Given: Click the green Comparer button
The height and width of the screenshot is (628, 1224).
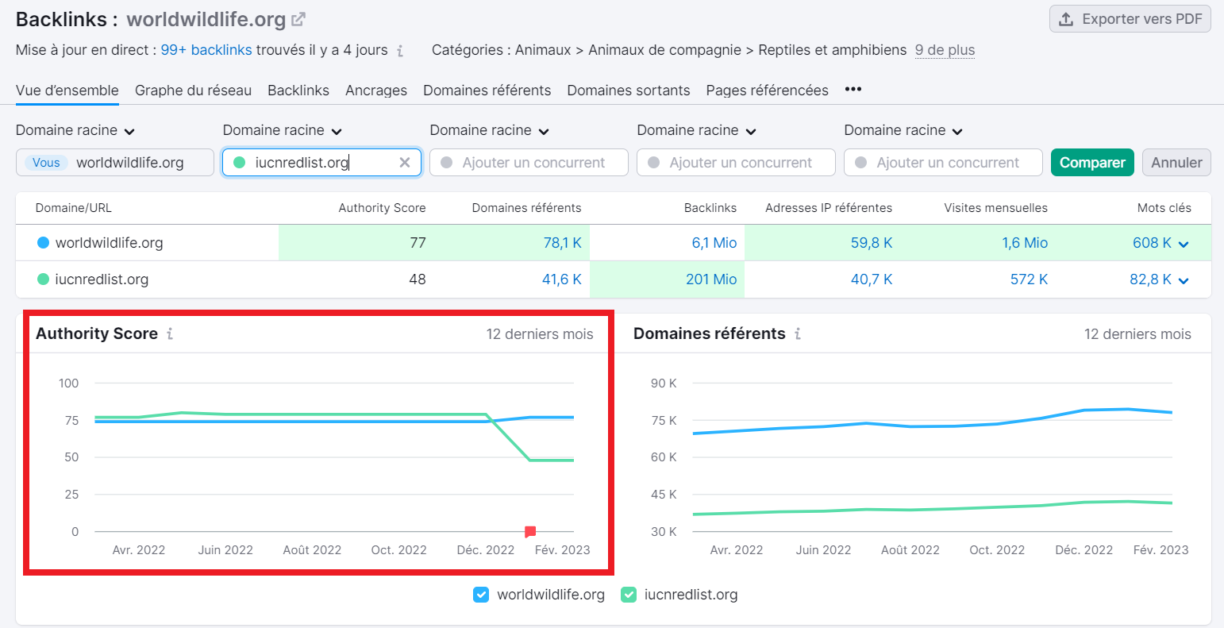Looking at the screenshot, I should point(1092,163).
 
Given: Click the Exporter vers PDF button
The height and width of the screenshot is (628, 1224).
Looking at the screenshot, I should point(1130,19).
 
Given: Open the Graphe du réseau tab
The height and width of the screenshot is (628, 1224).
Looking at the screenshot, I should point(193,91).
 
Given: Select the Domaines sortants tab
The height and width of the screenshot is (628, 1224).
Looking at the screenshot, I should point(628,91).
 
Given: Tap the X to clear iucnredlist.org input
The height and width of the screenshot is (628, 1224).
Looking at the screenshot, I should point(405,163).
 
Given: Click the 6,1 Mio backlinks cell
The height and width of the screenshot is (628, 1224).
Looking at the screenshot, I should point(714,243).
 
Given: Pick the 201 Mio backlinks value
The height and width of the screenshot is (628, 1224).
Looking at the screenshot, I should point(711,279).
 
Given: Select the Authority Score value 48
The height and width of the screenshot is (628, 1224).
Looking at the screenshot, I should point(417,279).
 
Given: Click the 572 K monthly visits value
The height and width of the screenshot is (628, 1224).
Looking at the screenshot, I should point(1029,279).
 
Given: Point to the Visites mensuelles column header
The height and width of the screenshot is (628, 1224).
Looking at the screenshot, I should point(995,208).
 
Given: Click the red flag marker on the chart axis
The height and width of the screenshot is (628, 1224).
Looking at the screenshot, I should point(530,532).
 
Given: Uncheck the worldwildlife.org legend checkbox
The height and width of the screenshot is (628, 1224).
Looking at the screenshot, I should point(481,595).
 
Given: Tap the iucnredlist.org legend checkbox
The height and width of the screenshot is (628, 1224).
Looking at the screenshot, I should point(629,595).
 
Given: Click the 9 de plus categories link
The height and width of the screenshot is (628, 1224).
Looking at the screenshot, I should point(945,50).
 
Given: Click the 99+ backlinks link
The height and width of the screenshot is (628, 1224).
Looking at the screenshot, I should point(206,50).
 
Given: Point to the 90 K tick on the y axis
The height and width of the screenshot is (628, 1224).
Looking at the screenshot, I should point(664,383).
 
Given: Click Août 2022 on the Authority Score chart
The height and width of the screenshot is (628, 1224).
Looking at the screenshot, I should point(312,550).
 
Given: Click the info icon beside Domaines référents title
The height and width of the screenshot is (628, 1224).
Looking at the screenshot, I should point(798,334).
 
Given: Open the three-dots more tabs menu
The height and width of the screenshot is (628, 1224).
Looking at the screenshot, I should point(853,90).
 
